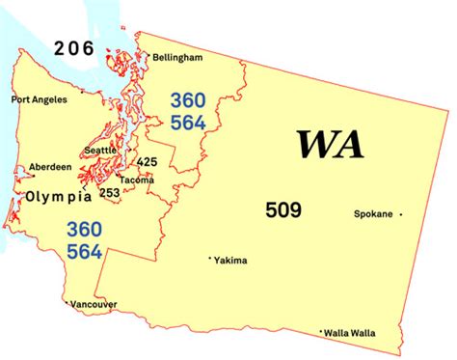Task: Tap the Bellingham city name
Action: click(x=176, y=58)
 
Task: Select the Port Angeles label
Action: click(x=40, y=98)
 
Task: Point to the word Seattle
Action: click(x=100, y=150)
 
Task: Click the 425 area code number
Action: click(x=148, y=161)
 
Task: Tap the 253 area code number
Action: click(x=110, y=192)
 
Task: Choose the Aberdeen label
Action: click(x=49, y=166)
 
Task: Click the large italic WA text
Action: click(x=330, y=144)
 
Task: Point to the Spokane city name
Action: click(x=373, y=214)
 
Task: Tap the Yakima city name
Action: click(x=231, y=261)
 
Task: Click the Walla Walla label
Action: click(x=350, y=333)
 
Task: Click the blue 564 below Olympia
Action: click(x=85, y=251)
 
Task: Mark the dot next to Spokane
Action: click(x=401, y=214)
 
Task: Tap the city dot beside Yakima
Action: click(x=211, y=259)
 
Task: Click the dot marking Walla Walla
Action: click(x=321, y=332)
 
